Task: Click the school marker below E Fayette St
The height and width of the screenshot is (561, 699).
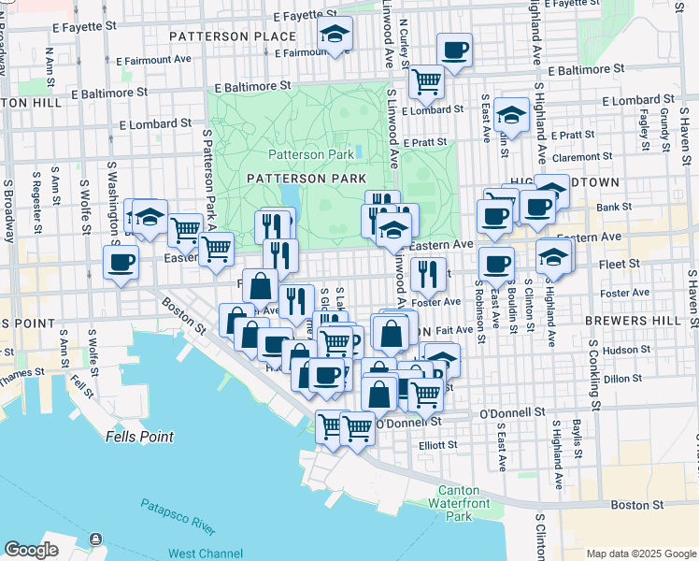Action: [334, 35]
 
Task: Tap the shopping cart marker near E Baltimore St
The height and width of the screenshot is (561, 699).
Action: [426, 81]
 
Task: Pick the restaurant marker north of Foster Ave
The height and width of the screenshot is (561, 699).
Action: [427, 273]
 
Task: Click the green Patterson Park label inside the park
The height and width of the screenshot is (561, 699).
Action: [311, 154]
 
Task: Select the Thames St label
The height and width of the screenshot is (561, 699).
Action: [21, 372]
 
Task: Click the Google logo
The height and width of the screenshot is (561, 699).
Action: [31, 550]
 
